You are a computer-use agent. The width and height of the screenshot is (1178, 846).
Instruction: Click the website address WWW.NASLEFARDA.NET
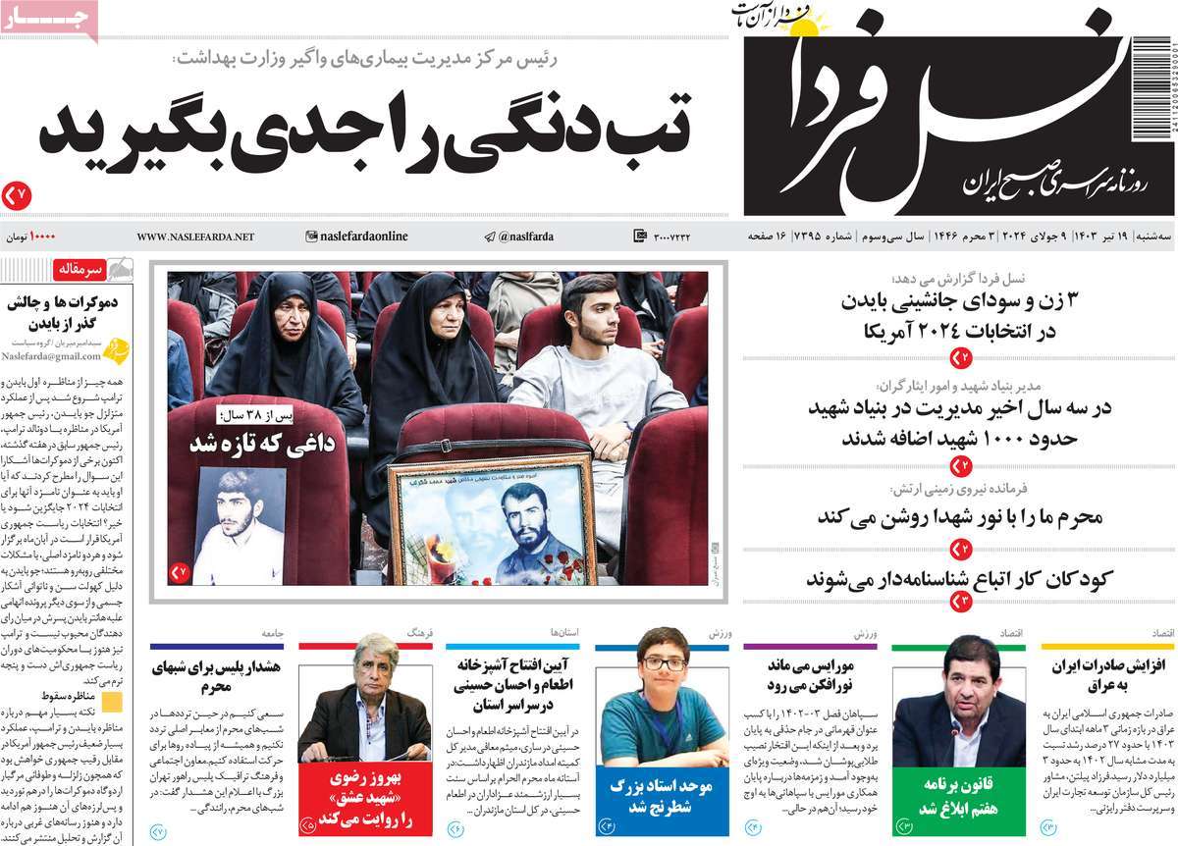tap(195, 237)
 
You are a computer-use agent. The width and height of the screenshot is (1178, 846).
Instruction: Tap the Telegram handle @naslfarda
tap(519, 237)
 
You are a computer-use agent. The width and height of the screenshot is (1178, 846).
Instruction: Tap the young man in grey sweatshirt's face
tap(588, 313)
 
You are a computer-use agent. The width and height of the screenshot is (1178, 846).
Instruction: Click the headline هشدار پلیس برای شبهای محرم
tap(217, 676)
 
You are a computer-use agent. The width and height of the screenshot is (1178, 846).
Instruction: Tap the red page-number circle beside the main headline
tap(17, 195)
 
